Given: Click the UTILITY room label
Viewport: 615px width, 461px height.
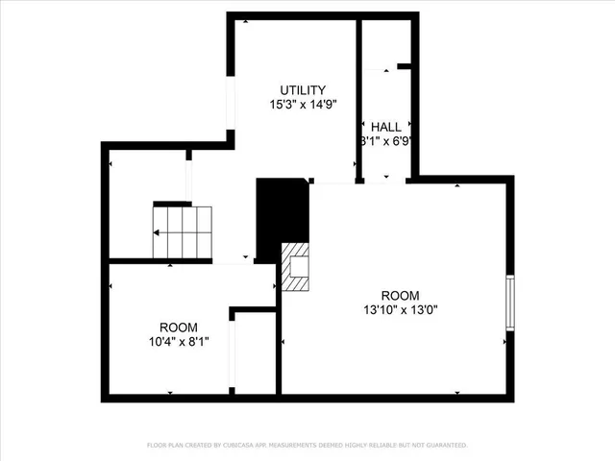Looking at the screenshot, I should tap(303, 90).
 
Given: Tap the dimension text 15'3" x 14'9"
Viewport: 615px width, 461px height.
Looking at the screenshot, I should tap(303, 103).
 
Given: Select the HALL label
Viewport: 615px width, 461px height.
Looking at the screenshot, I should tap(386, 127).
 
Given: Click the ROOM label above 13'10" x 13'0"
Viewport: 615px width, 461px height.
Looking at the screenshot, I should tap(400, 296).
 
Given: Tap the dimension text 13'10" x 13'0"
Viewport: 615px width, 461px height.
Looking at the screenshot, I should tap(400, 309).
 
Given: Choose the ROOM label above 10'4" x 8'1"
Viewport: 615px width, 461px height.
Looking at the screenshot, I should tap(179, 327).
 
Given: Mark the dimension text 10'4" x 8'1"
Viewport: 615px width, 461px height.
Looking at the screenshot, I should tap(179, 340).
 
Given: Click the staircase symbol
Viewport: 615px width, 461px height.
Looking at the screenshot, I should tap(183, 232).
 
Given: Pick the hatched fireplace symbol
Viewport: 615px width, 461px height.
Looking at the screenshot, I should tap(297, 267).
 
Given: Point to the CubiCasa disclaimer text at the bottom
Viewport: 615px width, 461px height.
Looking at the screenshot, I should tap(307, 445).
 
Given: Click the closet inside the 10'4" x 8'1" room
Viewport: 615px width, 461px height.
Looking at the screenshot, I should tap(254, 352).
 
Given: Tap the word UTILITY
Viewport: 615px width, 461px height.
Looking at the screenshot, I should tap(303, 90).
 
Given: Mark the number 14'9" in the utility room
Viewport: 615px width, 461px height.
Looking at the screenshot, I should tap(323, 103).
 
